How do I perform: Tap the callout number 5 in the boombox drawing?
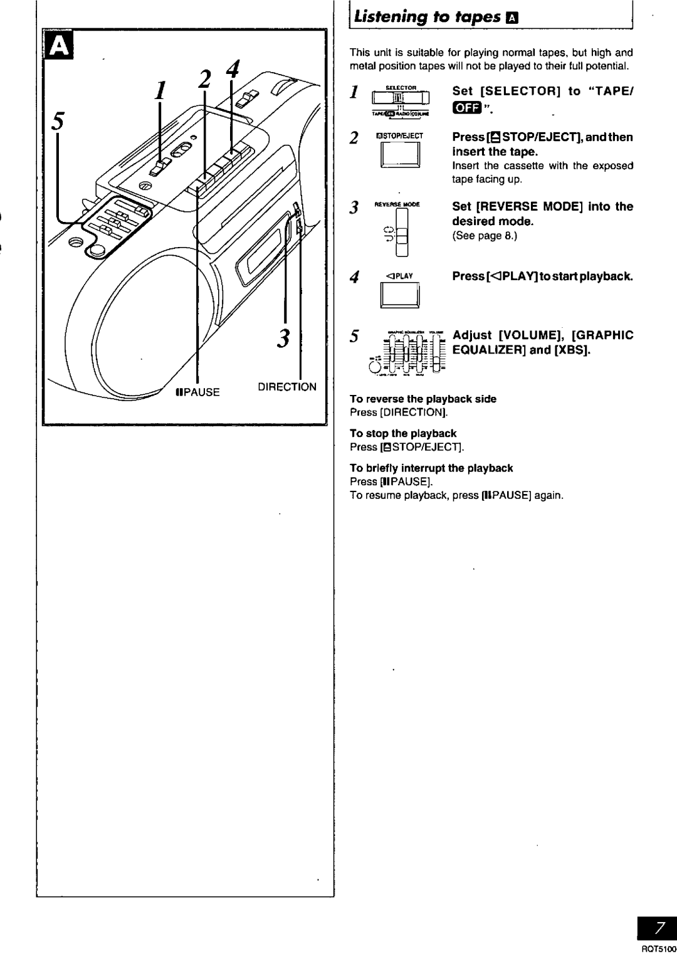[60, 121]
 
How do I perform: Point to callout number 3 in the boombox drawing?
[283, 339]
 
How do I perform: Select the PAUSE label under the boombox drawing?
[198, 392]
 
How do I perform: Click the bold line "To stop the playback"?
[403, 433]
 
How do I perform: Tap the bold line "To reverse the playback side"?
[422, 399]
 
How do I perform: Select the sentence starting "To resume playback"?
[456, 495]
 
